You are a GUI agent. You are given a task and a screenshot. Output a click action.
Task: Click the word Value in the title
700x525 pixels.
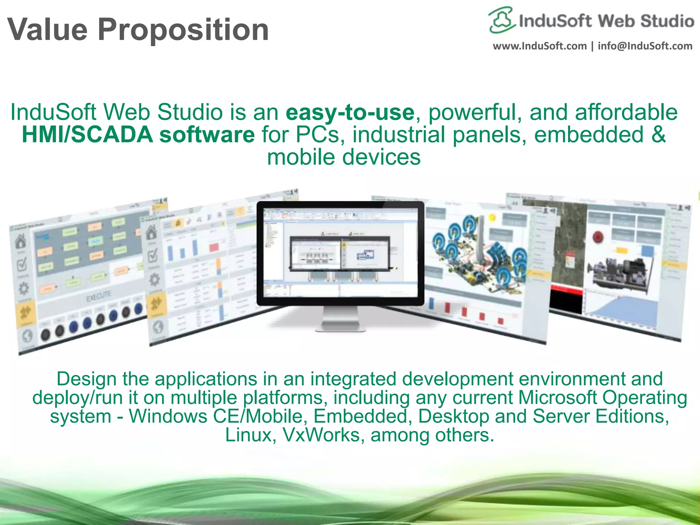48,30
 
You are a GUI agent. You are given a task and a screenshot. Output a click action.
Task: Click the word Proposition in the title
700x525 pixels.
183,30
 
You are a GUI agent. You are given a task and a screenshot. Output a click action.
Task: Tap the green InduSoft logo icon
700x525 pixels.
501,20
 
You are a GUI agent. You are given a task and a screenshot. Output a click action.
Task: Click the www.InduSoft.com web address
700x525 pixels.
539,46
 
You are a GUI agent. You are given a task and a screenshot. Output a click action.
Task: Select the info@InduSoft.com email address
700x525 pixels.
645,46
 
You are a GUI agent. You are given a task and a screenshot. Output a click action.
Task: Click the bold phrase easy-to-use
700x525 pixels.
350,112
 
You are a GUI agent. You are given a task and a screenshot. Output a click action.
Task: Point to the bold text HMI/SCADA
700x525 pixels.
87,135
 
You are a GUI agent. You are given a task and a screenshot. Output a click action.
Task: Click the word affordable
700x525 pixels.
626,112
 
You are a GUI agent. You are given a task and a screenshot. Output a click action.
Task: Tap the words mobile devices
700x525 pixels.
344,157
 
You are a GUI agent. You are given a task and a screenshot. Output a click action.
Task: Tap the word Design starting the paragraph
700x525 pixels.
86,379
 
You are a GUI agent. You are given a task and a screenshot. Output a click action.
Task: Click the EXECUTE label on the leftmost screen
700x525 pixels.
98,296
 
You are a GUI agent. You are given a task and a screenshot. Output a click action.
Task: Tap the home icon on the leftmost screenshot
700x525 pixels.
21,241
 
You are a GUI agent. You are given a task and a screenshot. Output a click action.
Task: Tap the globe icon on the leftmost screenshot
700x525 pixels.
27,336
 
